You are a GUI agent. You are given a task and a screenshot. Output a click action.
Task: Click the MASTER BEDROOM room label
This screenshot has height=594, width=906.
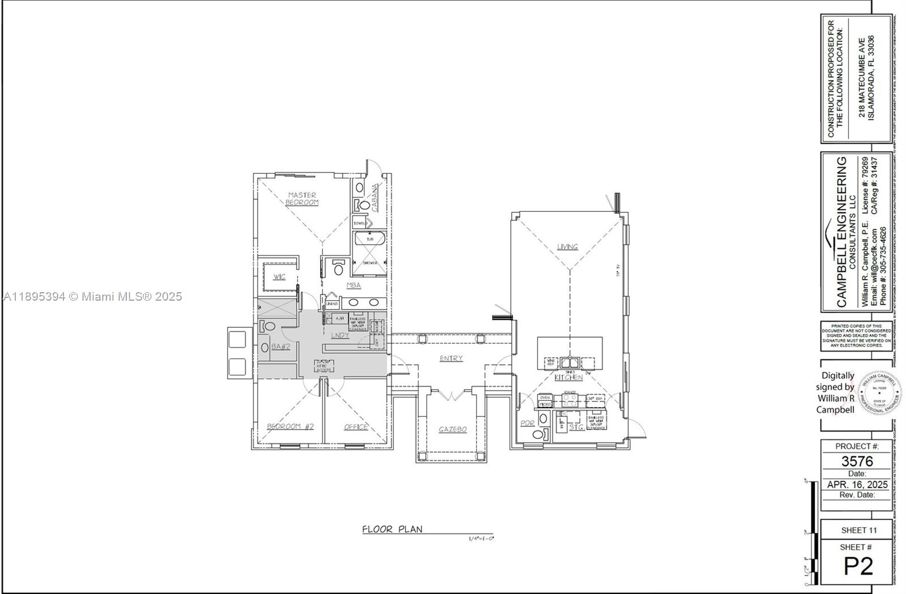point(302,199)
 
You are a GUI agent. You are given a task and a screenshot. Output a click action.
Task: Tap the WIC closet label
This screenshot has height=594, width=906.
point(279,277)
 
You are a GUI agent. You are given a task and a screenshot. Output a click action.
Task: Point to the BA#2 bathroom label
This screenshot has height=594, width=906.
point(280,346)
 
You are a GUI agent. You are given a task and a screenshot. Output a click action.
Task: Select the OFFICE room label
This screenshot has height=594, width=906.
point(356,427)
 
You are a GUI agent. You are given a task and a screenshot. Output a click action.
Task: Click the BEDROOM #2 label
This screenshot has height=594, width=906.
point(290,426)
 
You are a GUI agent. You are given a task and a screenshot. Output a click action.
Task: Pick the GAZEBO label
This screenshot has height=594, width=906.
point(452,430)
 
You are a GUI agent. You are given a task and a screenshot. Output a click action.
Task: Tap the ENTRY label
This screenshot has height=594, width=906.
point(451,358)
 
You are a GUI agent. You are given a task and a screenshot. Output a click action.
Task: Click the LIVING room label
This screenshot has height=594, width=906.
point(567,246)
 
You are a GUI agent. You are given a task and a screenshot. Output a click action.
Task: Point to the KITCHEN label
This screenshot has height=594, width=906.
point(568,377)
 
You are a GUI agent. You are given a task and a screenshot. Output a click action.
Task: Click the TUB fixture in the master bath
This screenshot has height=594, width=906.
point(370,240)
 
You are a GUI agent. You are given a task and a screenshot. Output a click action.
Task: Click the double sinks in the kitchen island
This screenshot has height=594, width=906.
point(570,362)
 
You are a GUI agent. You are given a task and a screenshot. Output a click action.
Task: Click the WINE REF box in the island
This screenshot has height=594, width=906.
point(550,362)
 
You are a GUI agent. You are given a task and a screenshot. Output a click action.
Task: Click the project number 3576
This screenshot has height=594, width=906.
point(857,461)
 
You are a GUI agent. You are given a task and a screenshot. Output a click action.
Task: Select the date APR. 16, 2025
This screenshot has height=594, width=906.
point(857,485)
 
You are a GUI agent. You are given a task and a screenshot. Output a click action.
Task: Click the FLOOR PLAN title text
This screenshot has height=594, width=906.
point(392,529)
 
